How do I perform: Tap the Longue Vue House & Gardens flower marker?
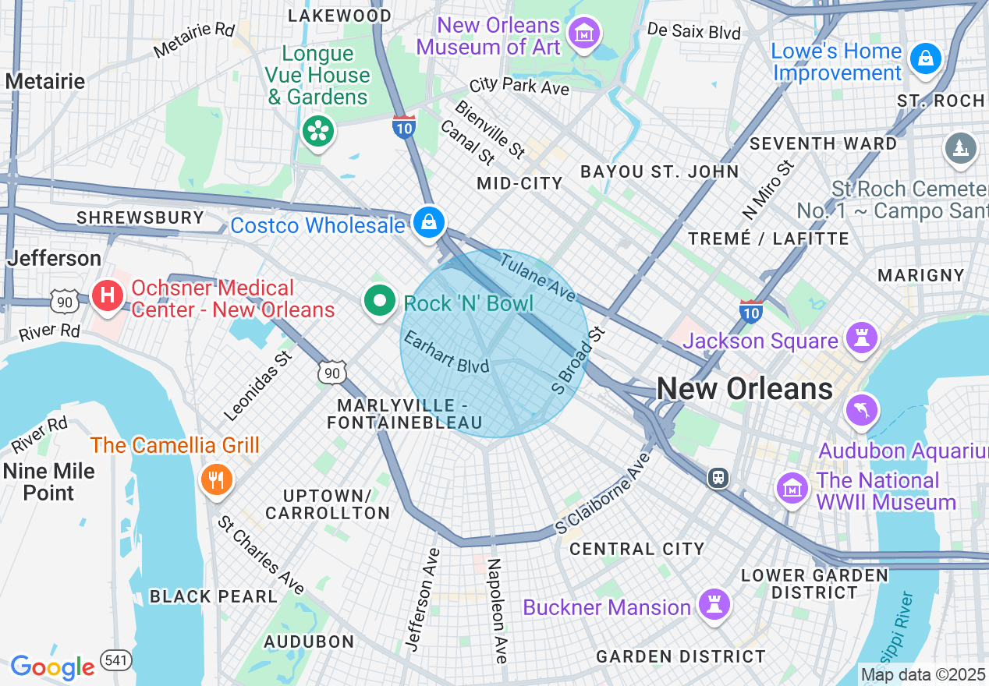(x=317, y=131)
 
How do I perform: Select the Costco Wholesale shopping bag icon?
(x=428, y=222)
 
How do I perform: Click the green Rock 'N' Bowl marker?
(x=380, y=301)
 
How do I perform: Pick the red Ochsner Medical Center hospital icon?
(x=108, y=295)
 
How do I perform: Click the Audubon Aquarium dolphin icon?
(x=862, y=409)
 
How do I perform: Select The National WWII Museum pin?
(x=793, y=488)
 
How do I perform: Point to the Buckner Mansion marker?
(x=713, y=603)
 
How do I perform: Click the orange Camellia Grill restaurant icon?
(x=216, y=479)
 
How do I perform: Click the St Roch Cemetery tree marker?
(x=960, y=148)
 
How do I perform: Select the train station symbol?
(x=718, y=477)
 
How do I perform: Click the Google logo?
(x=52, y=667)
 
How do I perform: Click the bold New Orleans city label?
(x=744, y=388)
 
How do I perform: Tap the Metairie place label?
(x=45, y=81)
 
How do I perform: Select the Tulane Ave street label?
(x=538, y=278)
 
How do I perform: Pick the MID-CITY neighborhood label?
(x=519, y=184)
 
